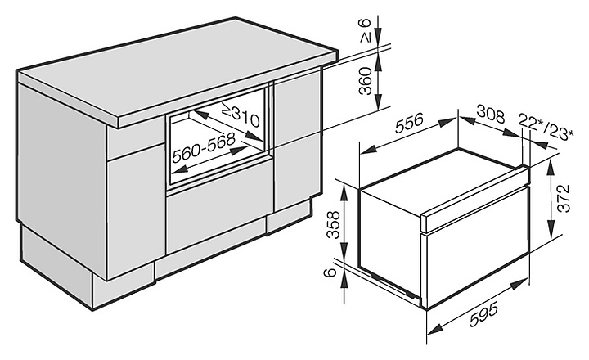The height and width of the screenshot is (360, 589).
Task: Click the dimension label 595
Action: [x=483, y=314]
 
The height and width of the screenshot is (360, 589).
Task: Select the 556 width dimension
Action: [x=409, y=123]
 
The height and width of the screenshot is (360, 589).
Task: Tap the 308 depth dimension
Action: [x=491, y=115]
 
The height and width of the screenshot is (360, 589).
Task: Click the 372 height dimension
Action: [x=564, y=199]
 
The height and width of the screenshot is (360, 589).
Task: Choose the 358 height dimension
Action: [x=333, y=225]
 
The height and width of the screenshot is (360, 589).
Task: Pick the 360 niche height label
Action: [x=366, y=81]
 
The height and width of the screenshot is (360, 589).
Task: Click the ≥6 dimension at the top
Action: [x=366, y=30]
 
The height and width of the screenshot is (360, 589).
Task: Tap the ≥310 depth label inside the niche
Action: [x=241, y=115]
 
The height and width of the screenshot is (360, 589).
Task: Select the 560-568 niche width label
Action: [x=204, y=147]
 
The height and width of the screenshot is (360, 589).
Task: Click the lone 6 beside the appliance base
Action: [x=330, y=272]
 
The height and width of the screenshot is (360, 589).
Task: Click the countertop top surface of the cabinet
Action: [x=177, y=70]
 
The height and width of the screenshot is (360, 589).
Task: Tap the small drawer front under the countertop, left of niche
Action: [x=136, y=138]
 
